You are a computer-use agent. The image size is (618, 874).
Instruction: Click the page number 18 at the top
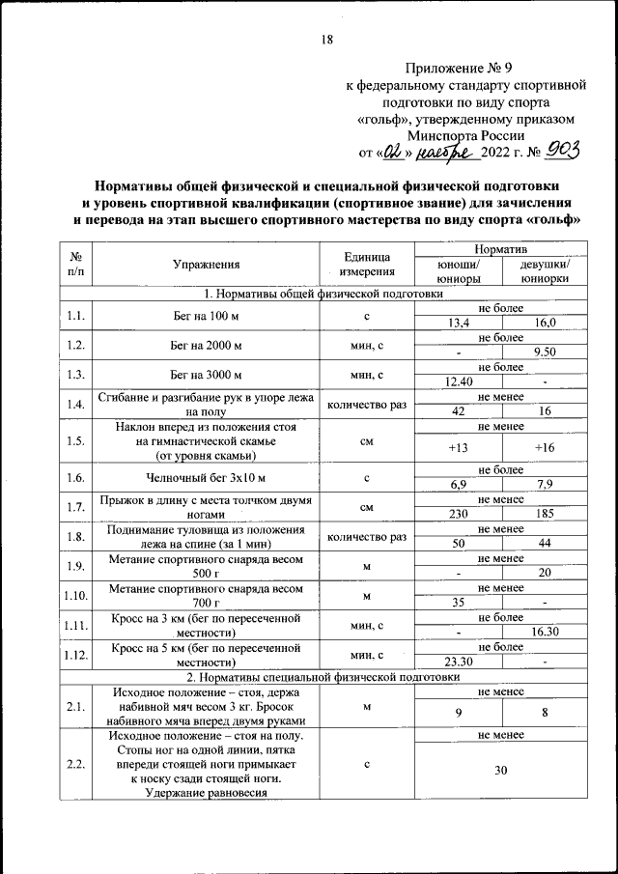click(x=325, y=40)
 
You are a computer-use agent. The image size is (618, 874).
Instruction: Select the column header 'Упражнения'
click(x=206, y=264)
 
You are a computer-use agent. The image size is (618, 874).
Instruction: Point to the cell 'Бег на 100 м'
click(x=206, y=315)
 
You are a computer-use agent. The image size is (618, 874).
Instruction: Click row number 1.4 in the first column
click(x=75, y=405)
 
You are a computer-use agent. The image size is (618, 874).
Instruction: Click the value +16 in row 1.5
click(x=544, y=448)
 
